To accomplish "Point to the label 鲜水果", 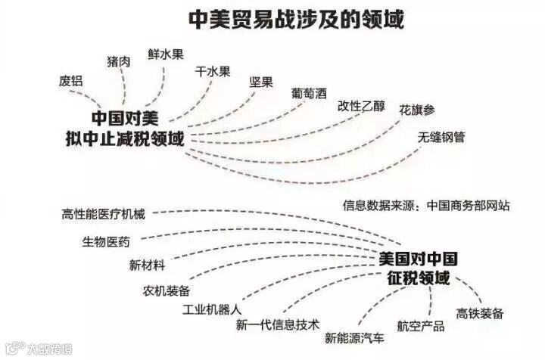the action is tap(166, 54).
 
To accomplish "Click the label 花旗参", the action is tap(417, 110).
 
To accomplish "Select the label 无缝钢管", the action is tap(442, 138).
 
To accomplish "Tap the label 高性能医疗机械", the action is tap(103, 213).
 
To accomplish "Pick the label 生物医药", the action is tap(106, 242).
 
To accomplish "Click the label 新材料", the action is tap(147, 265).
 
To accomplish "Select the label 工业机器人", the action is tap(212, 310).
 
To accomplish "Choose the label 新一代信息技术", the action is tap(277, 325).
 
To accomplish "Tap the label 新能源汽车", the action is tap(354, 338).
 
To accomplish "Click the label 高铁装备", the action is tap(479, 314).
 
